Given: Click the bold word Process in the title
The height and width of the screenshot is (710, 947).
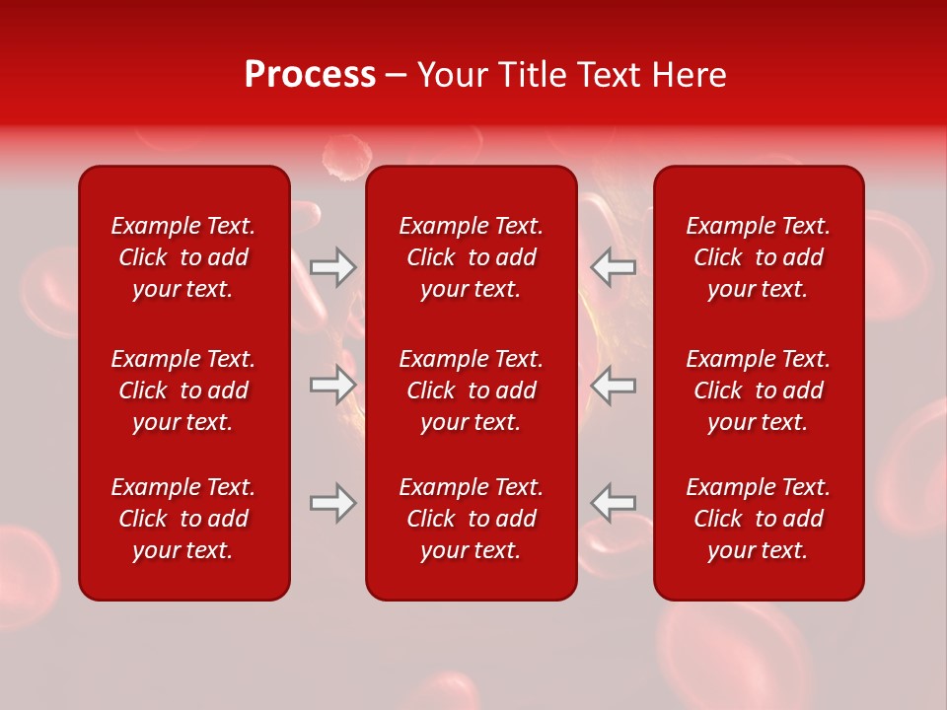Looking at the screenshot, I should click(x=310, y=75).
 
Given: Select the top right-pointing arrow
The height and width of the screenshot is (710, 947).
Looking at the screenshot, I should click(x=333, y=267).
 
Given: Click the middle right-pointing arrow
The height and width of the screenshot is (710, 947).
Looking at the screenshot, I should click(x=333, y=385).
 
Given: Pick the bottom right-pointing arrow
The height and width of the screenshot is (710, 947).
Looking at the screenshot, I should click(x=333, y=503).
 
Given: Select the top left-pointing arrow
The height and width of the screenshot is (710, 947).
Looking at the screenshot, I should click(x=613, y=267).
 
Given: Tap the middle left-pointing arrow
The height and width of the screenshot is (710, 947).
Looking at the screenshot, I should click(x=613, y=385).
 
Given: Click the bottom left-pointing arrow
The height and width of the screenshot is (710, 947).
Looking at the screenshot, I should click(x=613, y=503).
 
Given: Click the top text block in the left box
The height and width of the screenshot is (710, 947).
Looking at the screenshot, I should click(x=183, y=257).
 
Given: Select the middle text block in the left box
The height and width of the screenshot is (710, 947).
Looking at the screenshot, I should click(x=183, y=390).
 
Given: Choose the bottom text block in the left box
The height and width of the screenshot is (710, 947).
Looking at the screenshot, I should click(x=183, y=519).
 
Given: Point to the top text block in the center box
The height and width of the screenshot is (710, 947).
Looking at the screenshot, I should click(x=472, y=257).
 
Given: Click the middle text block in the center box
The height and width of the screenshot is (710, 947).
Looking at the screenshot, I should click(x=472, y=390).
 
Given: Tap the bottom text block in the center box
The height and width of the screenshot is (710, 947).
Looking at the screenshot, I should click(x=472, y=519).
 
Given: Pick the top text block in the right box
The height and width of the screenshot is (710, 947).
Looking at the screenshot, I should click(x=759, y=257).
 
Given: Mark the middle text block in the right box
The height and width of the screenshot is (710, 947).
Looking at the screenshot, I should click(x=759, y=390).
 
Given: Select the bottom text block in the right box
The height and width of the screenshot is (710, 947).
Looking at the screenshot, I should click(x=759, y=519).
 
